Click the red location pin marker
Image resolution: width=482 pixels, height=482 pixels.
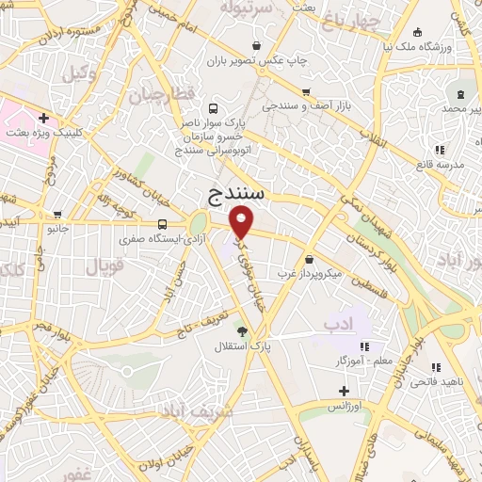click(x=242, y=221)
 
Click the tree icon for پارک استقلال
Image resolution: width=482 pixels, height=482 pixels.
click(x=242, y=330)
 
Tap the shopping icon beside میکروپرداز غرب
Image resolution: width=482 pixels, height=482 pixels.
click(x=310, y=258)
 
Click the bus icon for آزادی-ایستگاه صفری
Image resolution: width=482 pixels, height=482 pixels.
click(x=163, y=224)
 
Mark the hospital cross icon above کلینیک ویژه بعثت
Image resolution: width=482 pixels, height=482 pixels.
click(x=44, y=119)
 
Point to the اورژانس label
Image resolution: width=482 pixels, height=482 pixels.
click(x=345, y=406)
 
